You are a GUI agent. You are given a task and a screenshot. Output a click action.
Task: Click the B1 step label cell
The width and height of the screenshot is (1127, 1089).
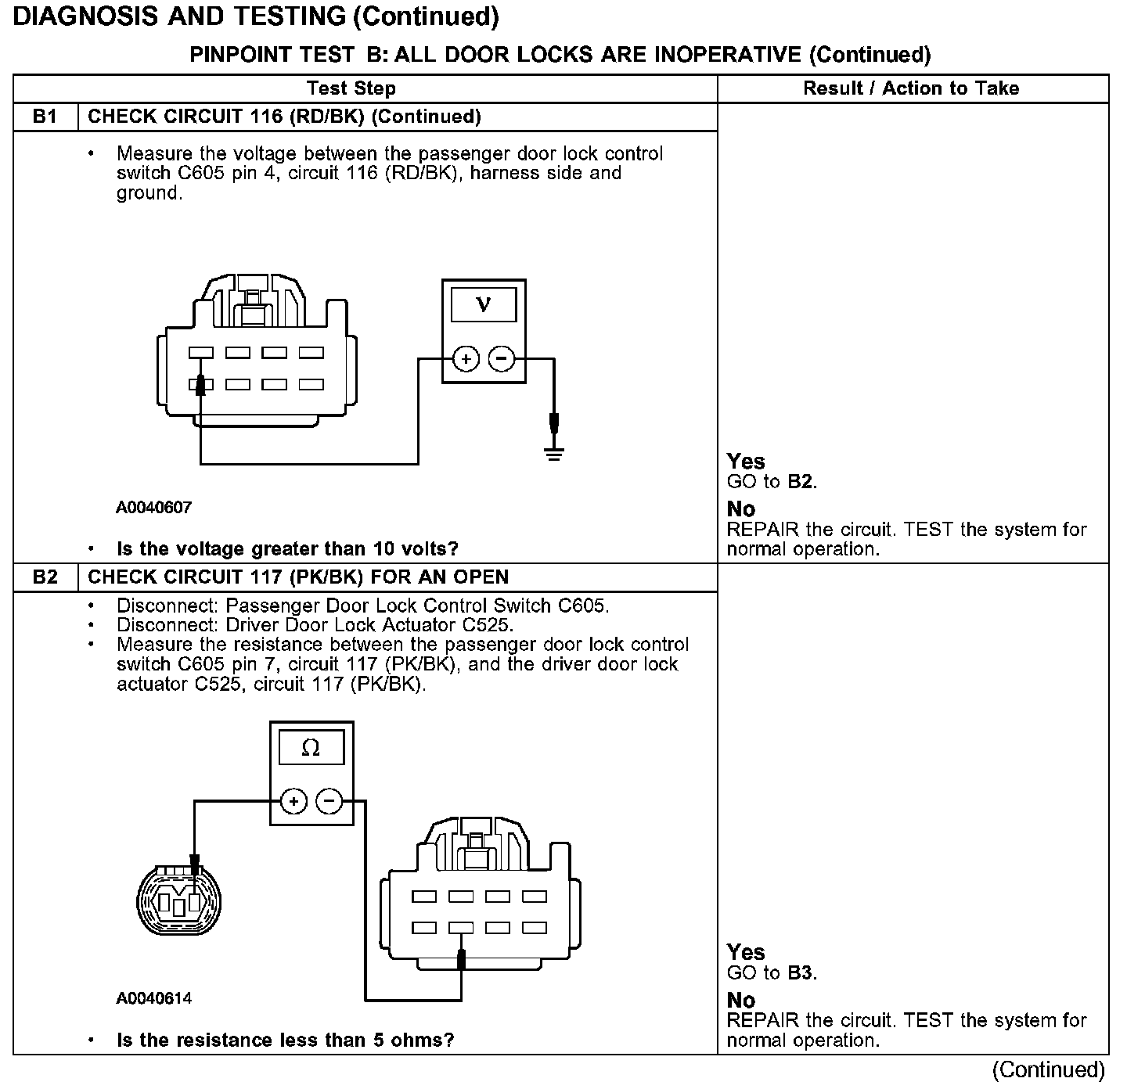pos(45,117)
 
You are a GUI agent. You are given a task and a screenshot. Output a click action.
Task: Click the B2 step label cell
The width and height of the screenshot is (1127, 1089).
pos(45,577)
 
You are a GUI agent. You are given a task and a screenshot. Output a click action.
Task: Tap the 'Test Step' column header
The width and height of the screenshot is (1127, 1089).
pos(351,88)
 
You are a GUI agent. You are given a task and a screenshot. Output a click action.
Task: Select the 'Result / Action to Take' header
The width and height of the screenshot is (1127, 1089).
pos(911,88)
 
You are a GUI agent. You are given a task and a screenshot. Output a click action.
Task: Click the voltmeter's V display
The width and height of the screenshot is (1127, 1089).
pos(484,304)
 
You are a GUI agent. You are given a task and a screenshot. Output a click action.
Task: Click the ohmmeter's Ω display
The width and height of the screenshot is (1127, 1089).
pos(311,748)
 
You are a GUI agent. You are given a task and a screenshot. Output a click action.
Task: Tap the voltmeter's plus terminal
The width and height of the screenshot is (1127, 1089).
pos(466,359)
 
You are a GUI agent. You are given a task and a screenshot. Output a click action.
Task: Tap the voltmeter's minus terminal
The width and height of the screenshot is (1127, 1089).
pos(502,359)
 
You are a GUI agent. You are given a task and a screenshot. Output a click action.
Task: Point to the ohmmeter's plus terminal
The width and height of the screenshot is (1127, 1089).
pos(293,802)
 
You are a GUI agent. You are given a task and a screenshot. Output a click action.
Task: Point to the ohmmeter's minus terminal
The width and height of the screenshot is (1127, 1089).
pos(329,802)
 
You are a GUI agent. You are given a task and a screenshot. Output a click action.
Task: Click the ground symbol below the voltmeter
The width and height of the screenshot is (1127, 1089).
pos(554,453)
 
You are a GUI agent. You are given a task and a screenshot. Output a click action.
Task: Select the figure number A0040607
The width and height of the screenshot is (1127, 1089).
pos(153,508)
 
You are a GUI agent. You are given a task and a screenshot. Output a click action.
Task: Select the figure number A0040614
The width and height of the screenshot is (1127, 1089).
pos(153,998)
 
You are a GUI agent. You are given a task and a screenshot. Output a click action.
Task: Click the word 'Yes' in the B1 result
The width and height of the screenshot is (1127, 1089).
pos(746,462)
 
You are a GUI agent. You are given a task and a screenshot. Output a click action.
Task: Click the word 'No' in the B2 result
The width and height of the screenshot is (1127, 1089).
pos(741,1001)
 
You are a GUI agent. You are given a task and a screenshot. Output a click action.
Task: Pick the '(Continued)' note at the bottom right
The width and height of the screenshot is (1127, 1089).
pos(1049,1069)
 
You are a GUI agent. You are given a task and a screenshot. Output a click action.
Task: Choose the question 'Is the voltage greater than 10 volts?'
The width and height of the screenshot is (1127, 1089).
pos(287,549)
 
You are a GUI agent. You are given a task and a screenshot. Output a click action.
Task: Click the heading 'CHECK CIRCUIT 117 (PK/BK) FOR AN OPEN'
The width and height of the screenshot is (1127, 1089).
pos(298,577)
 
